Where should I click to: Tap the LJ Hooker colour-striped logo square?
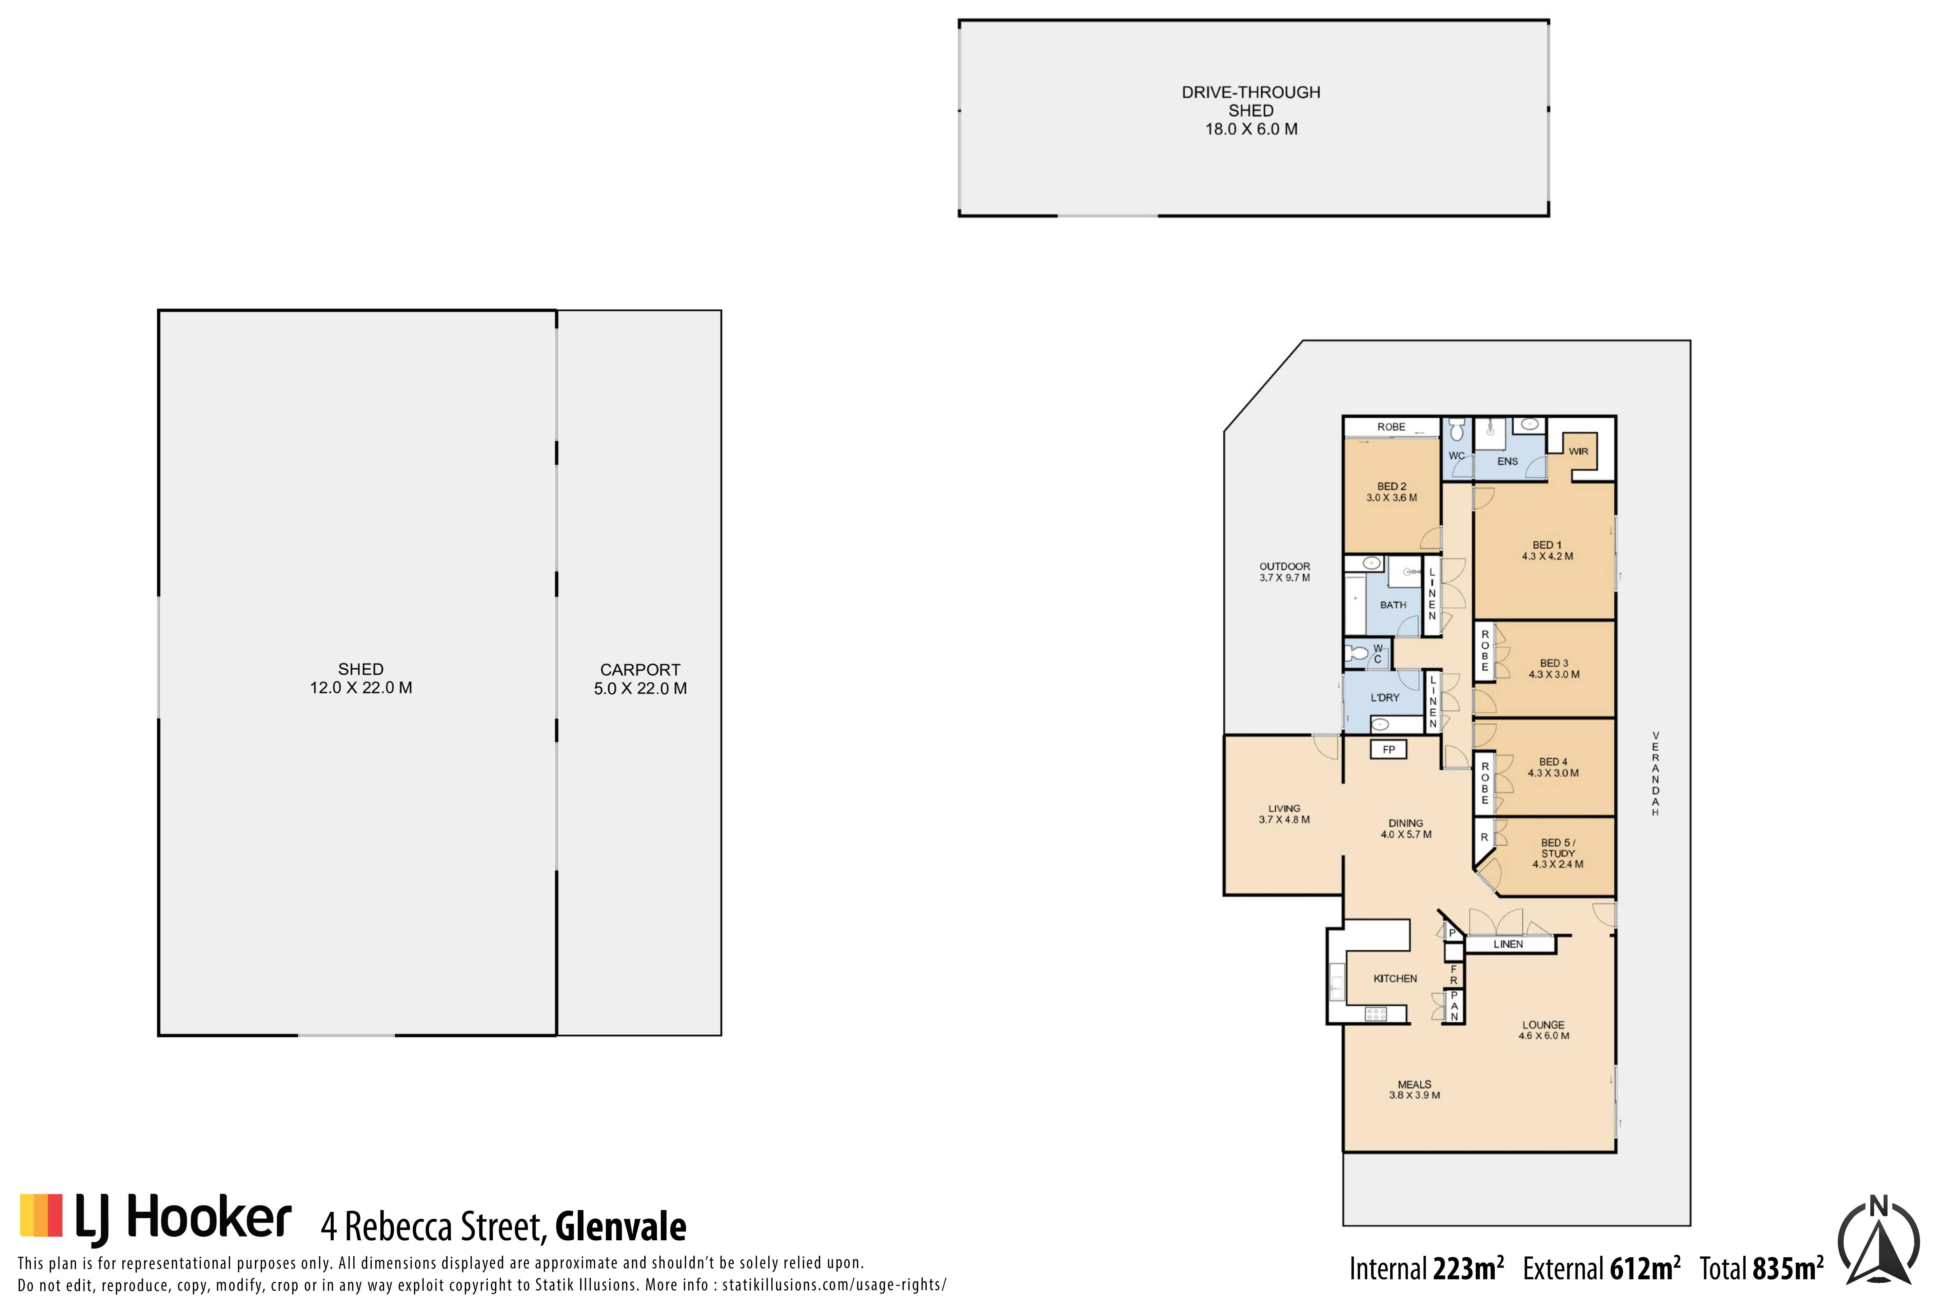41,1216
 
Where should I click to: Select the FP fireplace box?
1388,750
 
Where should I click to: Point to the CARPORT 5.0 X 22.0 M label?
640,679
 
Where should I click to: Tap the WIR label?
1578,452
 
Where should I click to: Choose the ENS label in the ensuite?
1507,462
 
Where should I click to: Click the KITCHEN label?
1395,979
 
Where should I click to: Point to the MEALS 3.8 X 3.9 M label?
1414,1089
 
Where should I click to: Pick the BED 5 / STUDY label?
1558,854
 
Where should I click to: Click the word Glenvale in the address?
620,1226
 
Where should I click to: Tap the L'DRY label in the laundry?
1385,697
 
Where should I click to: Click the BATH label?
1393,605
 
